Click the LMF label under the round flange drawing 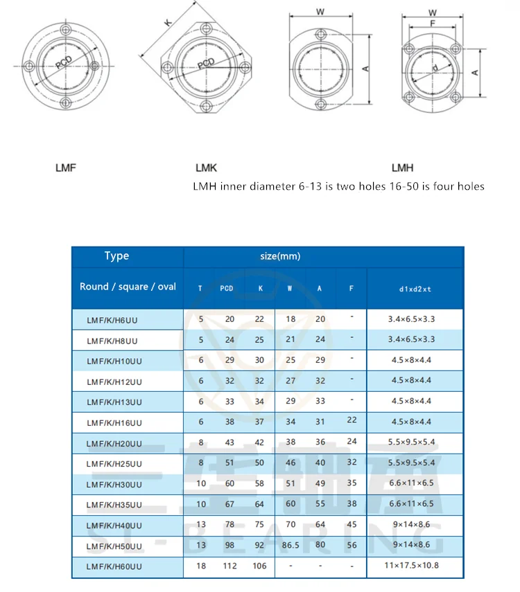[x=65, y=168]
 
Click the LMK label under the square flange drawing [x=207, y=168]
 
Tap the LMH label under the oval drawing [x=403, y=168]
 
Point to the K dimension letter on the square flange [x=168, y=22]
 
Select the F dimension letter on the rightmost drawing [x=433, y=23]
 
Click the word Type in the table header [x=116, y=256]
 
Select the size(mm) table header [x=280, y=256]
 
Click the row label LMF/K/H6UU [x=112, y=320]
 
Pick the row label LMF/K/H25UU [x=114, y=463]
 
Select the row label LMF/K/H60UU [x=114, y=567]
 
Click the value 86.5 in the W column [x=291, y=545]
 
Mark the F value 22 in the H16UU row [x=352, y=421]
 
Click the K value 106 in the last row [x=260, y=566]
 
